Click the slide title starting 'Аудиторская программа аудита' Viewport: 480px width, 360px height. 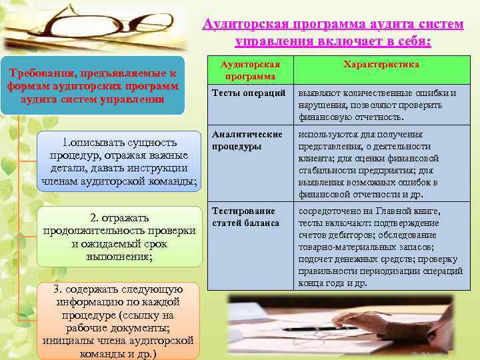tap(333, 33)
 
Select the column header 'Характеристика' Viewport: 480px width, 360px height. tap(381, 65)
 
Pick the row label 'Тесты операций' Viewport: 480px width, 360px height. tap(249, 93)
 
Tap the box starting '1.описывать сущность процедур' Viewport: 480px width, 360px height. tap(119, 161)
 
